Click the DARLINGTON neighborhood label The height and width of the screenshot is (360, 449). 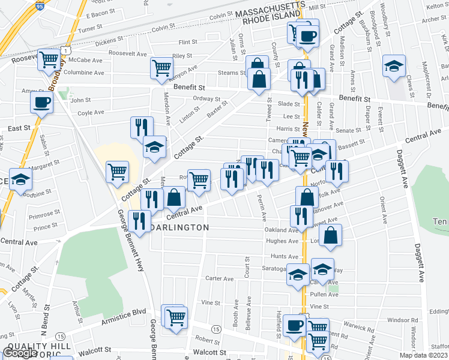[x=179, y=228]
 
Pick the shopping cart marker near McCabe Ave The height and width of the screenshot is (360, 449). [x=50, y=60]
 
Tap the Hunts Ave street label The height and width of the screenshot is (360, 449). [x=276, y=256]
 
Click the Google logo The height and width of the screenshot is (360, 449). [x=20, y=353]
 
